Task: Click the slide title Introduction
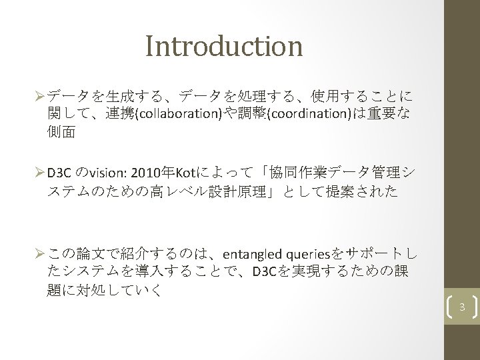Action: click(223, 47)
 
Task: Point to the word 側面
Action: click(61, 132)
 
